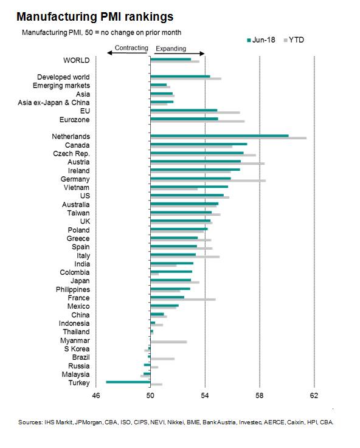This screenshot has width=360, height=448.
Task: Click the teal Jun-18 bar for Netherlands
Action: pyautogui.click(x=220, y=136)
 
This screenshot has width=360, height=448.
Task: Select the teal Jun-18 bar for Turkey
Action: pyautogui.click(x=128, y=382)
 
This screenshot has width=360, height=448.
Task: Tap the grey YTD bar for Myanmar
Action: pyautogui.click(x=168, y=342)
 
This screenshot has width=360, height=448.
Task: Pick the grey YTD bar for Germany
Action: pyautogui.click(x=208, y=181)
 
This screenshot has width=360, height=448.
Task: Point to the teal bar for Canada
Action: pyautogui.click(x=199, y=144)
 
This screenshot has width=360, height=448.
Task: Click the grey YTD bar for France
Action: pyautogui.click(x=183, y=300)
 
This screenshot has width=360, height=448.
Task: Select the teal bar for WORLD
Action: pyautogui.click(x=170, y=59)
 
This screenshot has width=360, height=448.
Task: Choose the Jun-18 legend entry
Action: pyautogui.click(x=261, y=40)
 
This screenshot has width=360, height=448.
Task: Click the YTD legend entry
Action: pyautogui.click(x=294, y=40)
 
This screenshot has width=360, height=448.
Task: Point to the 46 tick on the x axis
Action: pyautogui.click(x=96, y=396)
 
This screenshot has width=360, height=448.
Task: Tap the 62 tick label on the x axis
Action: pyautogui.click(x=314, y=396)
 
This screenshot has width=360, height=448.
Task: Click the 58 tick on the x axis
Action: pyautogui.click(x=260, y=396)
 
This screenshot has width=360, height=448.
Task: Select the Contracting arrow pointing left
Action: pyautogui.click(x=127, y=53)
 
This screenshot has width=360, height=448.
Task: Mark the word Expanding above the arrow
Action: pyautogui.click(x=171, y=49)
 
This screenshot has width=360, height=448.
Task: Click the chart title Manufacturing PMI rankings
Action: pyautogui.click(x=95, y=16)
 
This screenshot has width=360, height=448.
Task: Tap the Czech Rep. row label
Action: pyautogui.click(x=71, y=154)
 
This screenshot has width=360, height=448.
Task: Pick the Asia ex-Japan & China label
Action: pyautogui.click(x=54, y=103)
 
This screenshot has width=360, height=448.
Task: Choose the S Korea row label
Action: pyautogui.click(x=77, y=349)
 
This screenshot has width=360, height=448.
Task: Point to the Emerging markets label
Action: pyautogui.click(x=61, y=86)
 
